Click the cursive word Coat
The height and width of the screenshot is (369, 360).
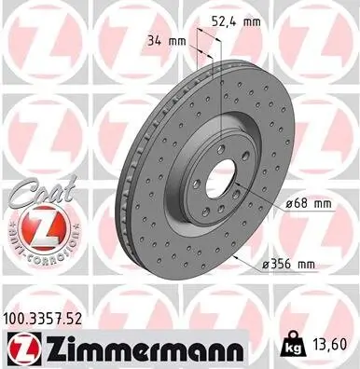pos(35,192)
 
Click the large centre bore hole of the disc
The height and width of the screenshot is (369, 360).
pos(216,178)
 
